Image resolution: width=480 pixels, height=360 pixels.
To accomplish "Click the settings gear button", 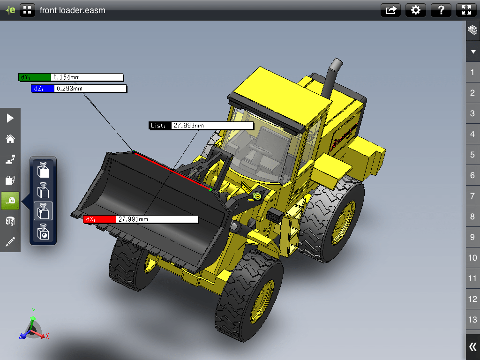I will (x=415, y=10).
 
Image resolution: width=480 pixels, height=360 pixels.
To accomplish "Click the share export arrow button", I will (x=390, y=10).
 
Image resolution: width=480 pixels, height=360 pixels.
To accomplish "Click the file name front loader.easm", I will (x=72, y=10).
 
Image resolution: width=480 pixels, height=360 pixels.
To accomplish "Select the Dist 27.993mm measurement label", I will (x=201, y=126).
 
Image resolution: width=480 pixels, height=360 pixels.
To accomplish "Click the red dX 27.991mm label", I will (x=141, y=219).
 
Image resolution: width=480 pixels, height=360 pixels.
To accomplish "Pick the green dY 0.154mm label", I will (x=71, y=77).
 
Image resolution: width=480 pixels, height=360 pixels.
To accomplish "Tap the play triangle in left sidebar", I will (x=10, y=118).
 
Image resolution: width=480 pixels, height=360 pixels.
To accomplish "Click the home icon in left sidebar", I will (x=10, y=139).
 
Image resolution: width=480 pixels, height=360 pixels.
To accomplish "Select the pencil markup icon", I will (x=10, y=242).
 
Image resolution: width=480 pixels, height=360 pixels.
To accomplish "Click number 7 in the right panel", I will (x=472, y=196).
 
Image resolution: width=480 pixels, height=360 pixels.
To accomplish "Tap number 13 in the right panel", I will (x=472, y=320).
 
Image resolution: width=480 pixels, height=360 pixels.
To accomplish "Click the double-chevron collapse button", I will (x=472, y=347).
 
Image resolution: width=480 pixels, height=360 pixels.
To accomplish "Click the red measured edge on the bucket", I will (x=172, y=171).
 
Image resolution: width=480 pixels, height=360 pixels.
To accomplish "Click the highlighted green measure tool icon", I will (x=10, y=201).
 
